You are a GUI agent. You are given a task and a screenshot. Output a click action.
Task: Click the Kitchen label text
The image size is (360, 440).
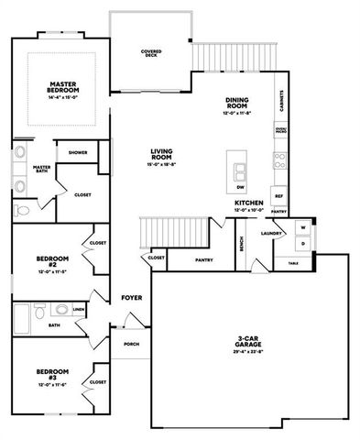coord(248,203)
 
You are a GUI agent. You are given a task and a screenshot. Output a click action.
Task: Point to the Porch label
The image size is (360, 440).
coord(131,344)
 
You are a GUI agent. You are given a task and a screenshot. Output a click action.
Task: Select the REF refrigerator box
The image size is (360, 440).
coord(279,195)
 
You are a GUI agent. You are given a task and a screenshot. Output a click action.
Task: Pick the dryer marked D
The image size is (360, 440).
coord(303,244)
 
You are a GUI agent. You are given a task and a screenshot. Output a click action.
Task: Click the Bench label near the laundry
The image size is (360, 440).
coord(241,244)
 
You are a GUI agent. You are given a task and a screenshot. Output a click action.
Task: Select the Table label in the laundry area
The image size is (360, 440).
coord(293,263)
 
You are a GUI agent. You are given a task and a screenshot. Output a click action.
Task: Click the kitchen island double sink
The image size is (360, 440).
coord(241,170)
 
